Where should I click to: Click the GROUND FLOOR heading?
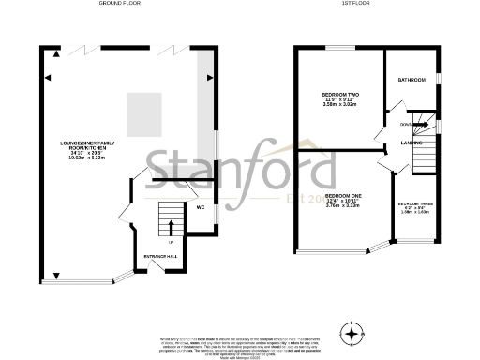(127, 4)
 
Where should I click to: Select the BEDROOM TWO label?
(341, 95)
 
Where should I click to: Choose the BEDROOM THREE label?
(414, 204)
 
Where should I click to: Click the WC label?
(201, 207)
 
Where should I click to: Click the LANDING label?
(409, 142)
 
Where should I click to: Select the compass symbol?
(352, 333)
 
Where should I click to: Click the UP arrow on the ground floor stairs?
(171, 226)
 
